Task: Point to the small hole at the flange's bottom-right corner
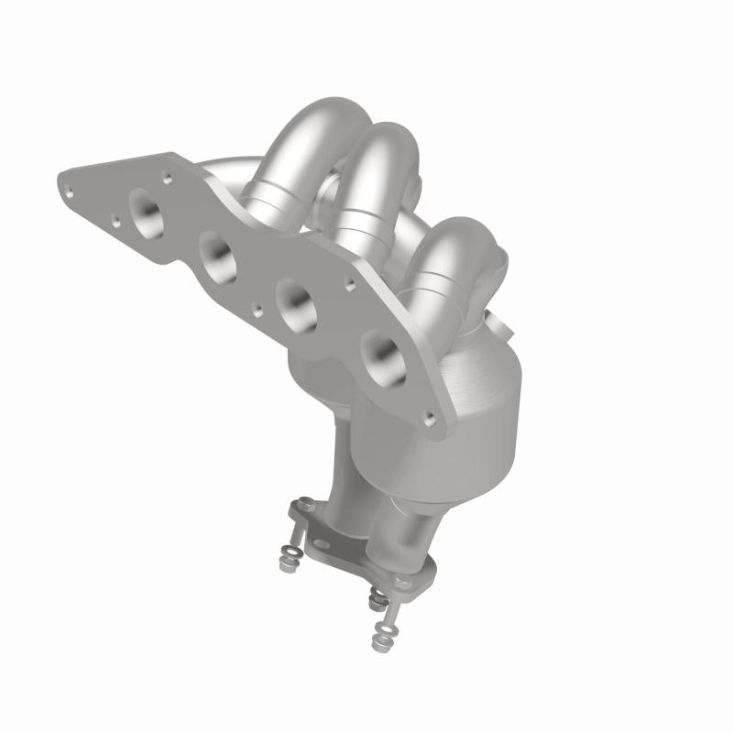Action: (429, 418)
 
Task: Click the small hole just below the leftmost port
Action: (115, 220)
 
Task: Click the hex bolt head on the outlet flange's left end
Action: (301, 507)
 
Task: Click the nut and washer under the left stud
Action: (288, 556)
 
